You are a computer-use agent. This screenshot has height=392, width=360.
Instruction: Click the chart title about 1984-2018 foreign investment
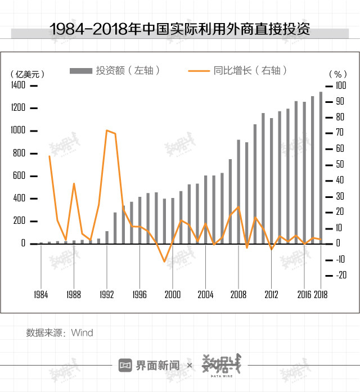pyautogui.click(x=179, y=29)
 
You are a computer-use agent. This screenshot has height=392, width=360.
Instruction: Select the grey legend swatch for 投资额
pyautogui.click(x=81, y=70)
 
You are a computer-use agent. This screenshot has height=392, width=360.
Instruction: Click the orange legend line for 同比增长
pyautogui.click(x=199, y=70)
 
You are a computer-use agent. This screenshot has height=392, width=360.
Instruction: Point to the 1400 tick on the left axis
pyautogui.click(x=18, y=85)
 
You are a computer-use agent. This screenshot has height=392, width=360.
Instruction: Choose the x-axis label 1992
pyautogui.click(x=107, y=294)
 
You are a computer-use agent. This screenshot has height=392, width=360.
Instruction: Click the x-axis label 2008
pyautogui.click(x=238, y=294)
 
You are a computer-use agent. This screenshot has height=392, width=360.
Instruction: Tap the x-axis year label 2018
pyautogui.click(x=321, y=294)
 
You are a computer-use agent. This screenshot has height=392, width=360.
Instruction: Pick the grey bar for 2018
pyautogui.click(x=321, y=168)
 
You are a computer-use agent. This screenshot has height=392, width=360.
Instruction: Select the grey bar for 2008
pyautogui.click(x=238, y=191)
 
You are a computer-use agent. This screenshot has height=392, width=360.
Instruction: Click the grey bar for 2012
pyautogui.click(x=271, y=181)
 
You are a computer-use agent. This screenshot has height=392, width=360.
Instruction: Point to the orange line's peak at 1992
pyautogui.click(x=107, y=130)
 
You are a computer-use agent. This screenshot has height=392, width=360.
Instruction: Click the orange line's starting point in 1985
pyautogui.click(x=49, y=156)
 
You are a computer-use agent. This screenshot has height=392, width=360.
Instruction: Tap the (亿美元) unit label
pyautogui.click(x=27, y=74)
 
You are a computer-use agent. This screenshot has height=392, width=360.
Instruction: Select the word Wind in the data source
pyautogui.click(x=82, y=332)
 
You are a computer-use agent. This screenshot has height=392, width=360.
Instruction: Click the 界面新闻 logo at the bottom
pyautogui.click(x=149, y=366)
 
